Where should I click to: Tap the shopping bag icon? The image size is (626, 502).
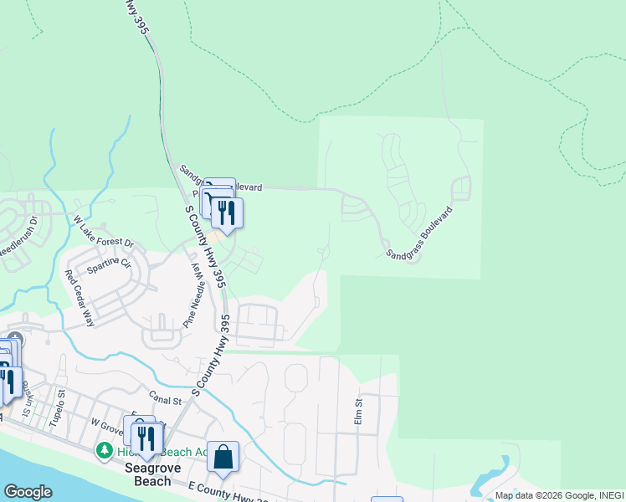pyautogui.click(x=223, y=458)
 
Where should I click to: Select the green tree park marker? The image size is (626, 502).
pyautogui.click(x=105, y=451)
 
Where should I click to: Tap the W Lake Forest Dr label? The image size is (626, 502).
pyautogui.click(x=104, y=233)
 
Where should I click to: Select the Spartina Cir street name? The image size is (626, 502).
pyautogui.click(x=109, y=266)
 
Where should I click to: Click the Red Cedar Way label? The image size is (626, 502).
pyautogui.click(x=80, y=297)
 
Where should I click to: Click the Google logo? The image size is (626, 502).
pyautogui.click(x=28, y=492)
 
